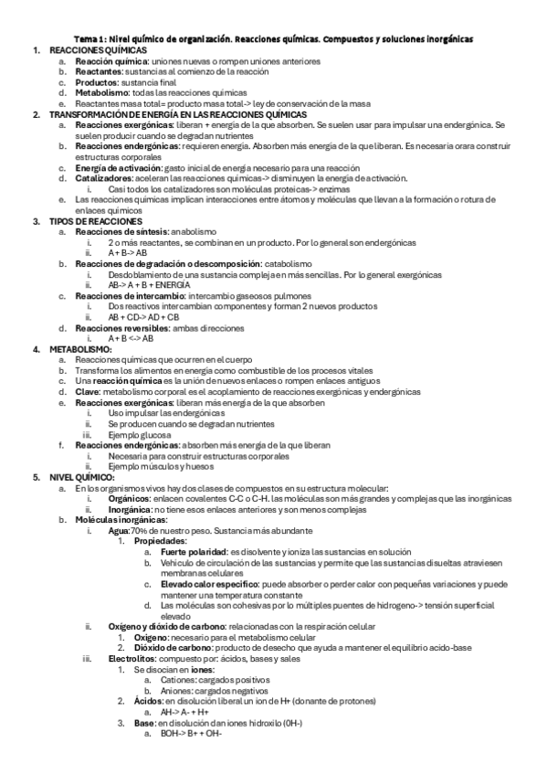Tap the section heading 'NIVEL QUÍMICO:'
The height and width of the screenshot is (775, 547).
tap(81, 477)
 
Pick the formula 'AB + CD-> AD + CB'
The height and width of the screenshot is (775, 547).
tap(149, 316)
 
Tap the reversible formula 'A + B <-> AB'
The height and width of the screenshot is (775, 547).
tap(131, 338)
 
